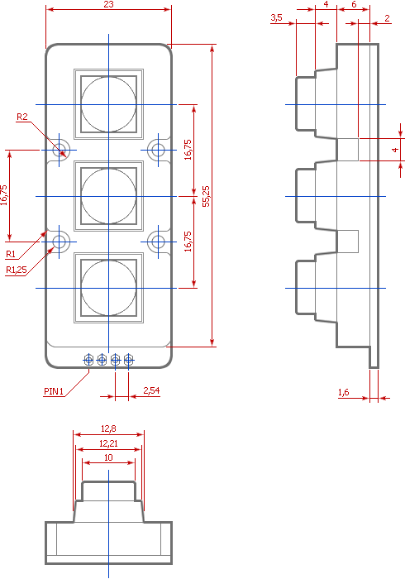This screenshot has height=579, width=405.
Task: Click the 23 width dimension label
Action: click(x=109, y=4)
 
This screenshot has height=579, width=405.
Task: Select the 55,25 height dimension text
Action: click(x=206, y=196)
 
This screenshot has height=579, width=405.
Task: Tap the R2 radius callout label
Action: click(x=22, y=117)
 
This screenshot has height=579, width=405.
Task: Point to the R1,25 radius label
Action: click(x=17, y=270)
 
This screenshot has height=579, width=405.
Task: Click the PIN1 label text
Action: click(x=54, y=391)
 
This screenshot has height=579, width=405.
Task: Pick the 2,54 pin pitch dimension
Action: click(x=151, y=390)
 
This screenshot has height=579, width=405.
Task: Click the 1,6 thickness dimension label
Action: click(x=343, y=392)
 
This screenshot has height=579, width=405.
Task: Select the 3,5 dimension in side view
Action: click(x=276, y=17)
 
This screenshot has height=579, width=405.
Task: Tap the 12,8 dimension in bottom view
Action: click(x=108, y=428)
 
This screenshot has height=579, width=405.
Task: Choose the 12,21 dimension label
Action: click(x=108, y=443)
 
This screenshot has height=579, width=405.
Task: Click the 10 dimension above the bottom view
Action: click(x=108, y=457)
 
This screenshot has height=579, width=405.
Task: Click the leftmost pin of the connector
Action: click(x=88, y=360)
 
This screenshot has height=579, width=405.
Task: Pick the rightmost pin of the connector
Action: click(x=128, y=360)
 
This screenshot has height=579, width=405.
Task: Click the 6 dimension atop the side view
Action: click(x=354, y=4)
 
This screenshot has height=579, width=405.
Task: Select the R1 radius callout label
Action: click(x=11, y=254)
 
